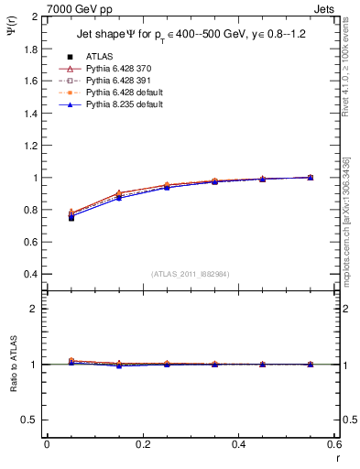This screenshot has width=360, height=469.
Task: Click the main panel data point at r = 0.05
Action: point(71,217)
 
